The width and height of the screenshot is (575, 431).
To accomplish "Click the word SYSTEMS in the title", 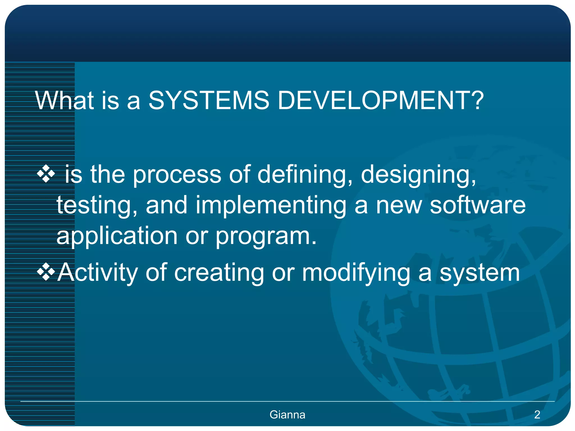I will coord(209,100).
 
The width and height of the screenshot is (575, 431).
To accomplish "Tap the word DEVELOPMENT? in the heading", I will coord(380,100).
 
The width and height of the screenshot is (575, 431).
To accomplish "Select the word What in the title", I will coord(64,100).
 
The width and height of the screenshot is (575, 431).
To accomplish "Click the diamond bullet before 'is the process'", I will coord(46,174).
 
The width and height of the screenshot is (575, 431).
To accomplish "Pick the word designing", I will coord(418,175).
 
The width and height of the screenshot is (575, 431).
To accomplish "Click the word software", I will coord(478,205).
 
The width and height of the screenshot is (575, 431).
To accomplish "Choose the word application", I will coord(117,236).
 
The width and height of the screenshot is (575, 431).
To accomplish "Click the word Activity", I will coord(97,272).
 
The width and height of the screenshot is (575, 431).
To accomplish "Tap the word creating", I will coord(219,272).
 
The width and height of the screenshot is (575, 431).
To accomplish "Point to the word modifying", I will coord(356,272).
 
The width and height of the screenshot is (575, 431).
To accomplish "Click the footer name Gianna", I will coord(287,415).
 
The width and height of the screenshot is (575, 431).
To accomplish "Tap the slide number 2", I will coord(537,415).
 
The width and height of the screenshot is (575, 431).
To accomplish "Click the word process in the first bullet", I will coord(177,175).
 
